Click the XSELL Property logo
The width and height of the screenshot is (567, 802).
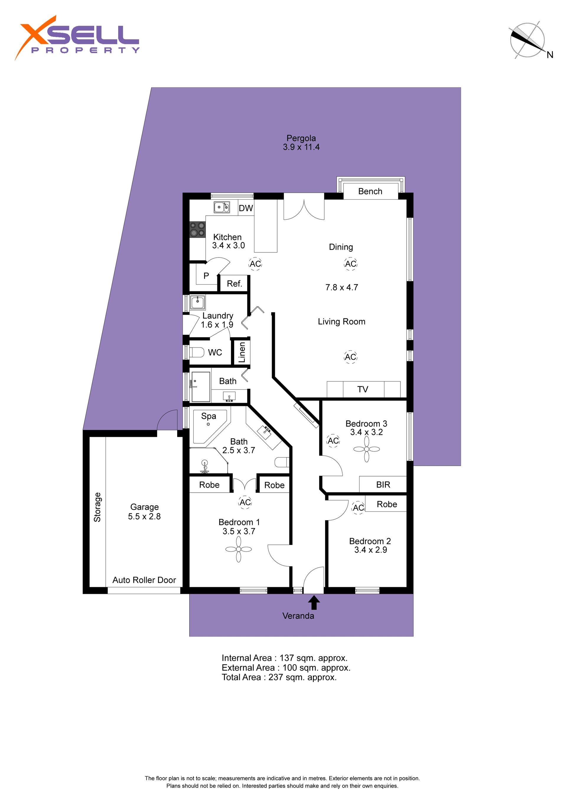[77, 38]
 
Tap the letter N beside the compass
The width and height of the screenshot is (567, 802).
[550, 55]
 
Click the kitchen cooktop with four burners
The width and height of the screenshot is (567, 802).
[197, 230]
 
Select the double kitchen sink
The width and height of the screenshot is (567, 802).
[222, 207]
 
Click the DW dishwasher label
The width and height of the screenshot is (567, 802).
[246, 208]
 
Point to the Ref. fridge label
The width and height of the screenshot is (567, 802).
[234, 284]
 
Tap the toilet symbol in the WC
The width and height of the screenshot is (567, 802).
[197, 352]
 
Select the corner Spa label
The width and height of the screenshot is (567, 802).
[208, 416]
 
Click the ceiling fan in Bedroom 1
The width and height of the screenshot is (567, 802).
[239, 550]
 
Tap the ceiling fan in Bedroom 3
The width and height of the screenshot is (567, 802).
[366, 449]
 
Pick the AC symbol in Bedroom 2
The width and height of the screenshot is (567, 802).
[358, 508]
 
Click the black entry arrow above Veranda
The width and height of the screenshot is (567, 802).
[314, 603]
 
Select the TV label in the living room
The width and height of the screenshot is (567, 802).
[363, 389]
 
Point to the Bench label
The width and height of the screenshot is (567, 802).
[370, 191]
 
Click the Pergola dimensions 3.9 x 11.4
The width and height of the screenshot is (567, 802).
[301, 147]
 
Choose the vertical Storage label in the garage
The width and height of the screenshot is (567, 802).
[97, 507]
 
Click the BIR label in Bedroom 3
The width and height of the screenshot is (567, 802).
[383, 485]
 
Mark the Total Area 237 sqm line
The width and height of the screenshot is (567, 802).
[279, 677]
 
